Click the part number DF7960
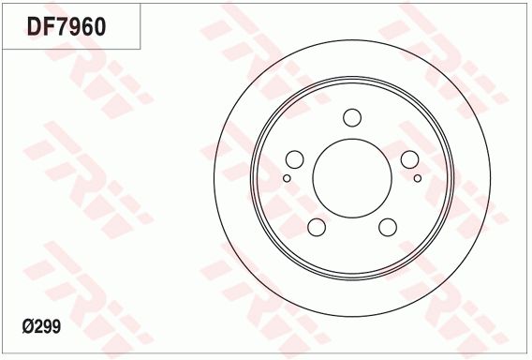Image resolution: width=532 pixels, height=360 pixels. click(66, 27)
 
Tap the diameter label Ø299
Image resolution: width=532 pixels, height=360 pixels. click(41, 326)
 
